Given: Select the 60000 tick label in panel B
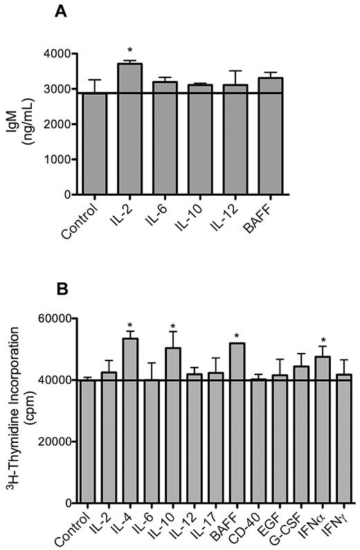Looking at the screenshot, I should [x=56, y=318].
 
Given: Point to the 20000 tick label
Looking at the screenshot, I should [x=56, y=441].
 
